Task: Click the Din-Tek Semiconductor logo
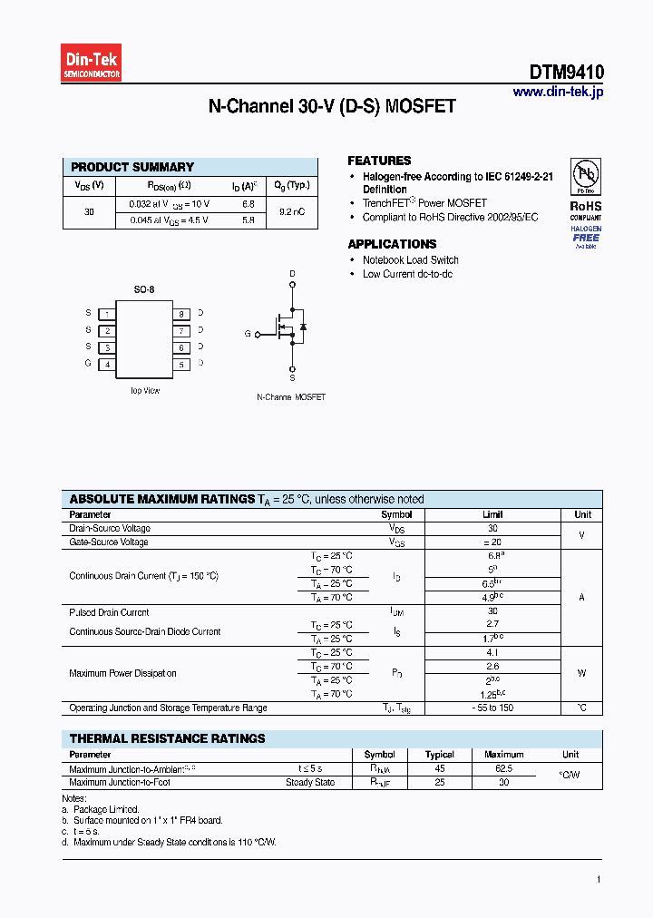(x=92, y=65)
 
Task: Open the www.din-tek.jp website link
(x=558, y=92)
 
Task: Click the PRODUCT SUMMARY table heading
(x=132, y=167)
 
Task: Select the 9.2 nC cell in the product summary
(x=291, y=211)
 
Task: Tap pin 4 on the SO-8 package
(x=107, y=365)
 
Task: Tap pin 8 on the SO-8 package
(x=181, y=314)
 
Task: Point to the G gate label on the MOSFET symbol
(x=247, y=335)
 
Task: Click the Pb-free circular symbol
(x=585, y=174)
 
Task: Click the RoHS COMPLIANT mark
(x=585, y=210)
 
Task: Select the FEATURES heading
(x=379, y=161)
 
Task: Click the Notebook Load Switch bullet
(x=410, y=260)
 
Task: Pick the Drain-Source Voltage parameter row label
(x=110, y=528)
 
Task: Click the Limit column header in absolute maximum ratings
(x=492, y=514)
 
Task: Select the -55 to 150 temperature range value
(x=492, y=708)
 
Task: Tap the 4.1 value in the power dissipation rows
(x=492, y=652)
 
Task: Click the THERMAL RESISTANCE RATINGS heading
(x=167, y=738)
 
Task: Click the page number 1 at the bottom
(x=599, y=879)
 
